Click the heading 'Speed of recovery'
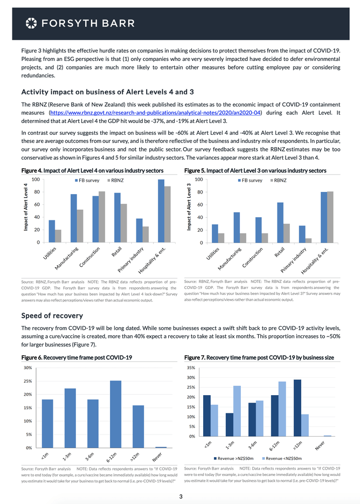coord(52,315)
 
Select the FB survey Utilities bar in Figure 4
coord(52,231)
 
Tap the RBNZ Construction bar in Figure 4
coord(102,217)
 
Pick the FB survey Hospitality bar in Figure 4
coord(161,211)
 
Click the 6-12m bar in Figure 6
coord(116,414)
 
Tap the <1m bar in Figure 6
coord(47,423)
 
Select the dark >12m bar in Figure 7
coord(297,408)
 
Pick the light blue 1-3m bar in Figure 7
coord(237,411)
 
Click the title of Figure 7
coord(259,358)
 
